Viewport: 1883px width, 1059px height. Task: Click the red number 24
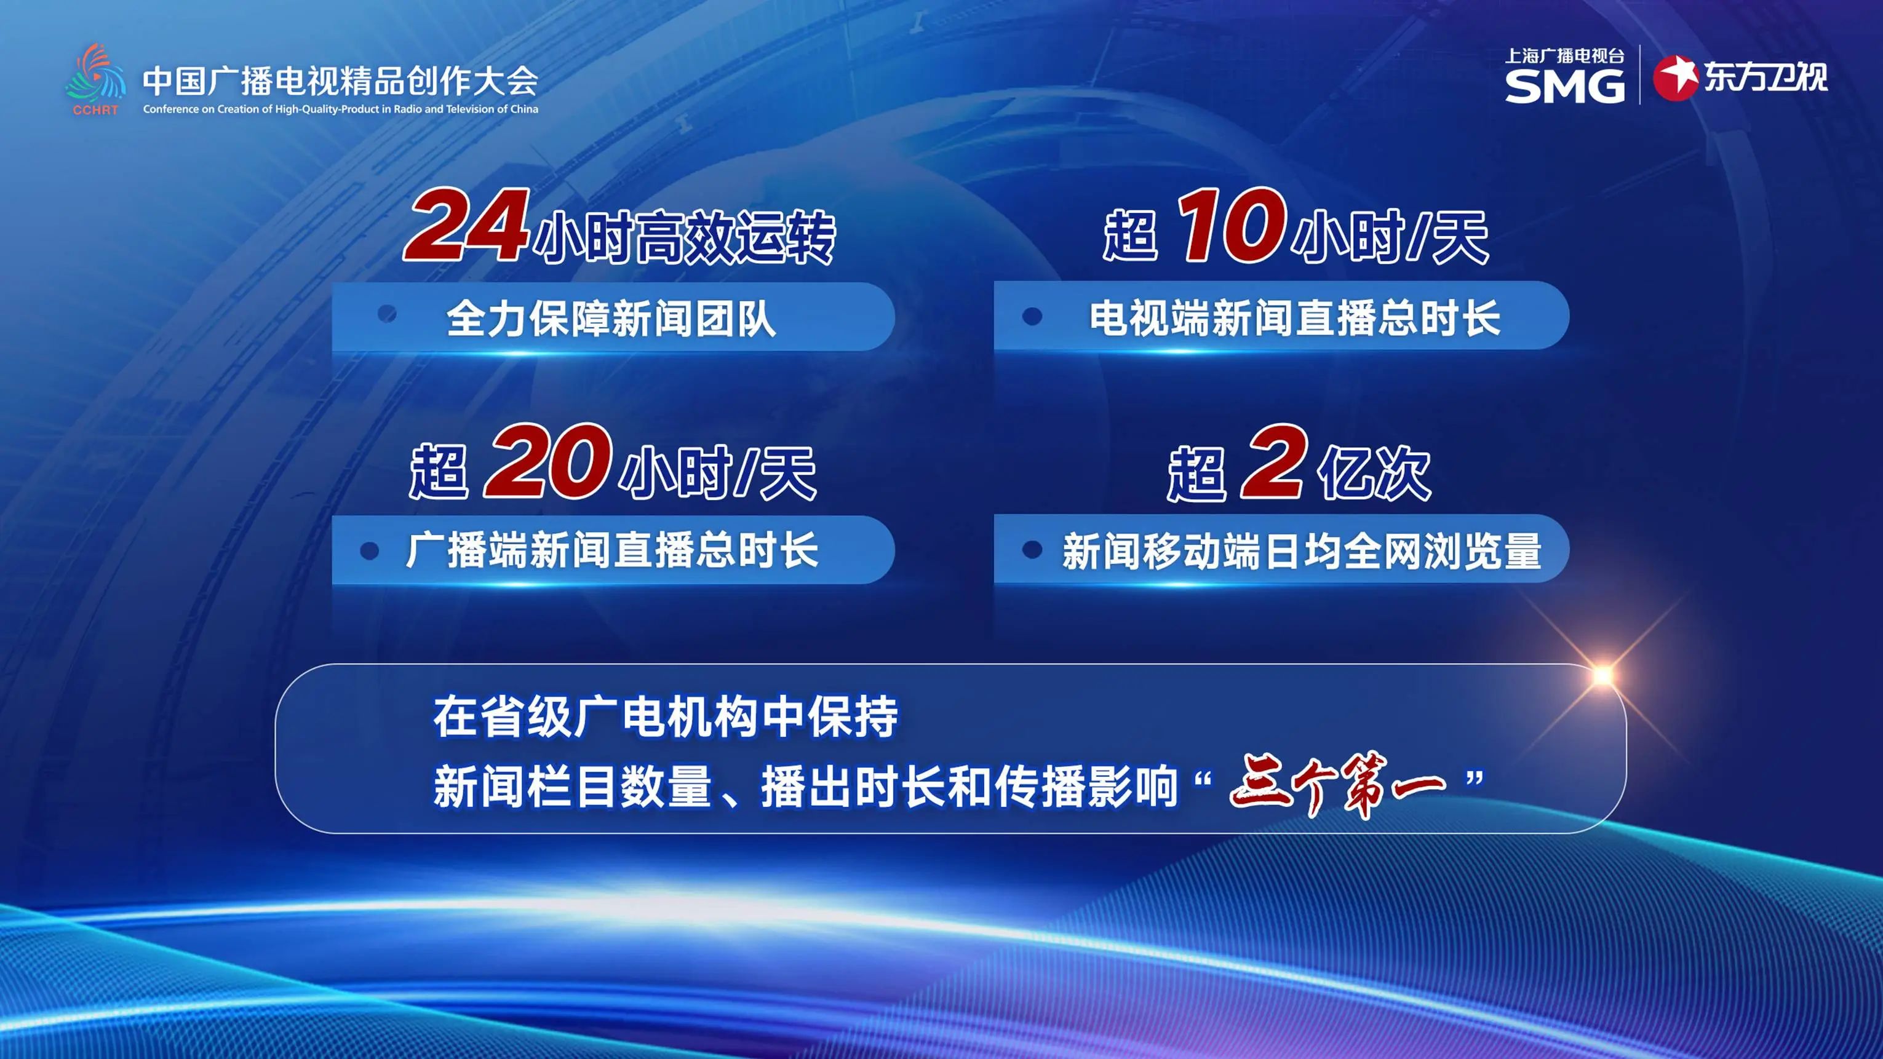(466, 224)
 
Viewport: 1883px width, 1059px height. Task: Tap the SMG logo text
(1564, 86)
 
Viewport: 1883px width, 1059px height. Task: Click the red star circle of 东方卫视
(1676, 77)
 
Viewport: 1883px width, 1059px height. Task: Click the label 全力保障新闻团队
(611, 318)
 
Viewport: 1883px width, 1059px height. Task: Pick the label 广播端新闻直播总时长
(612, 550)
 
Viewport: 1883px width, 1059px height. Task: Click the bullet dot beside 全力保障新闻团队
(387, 314)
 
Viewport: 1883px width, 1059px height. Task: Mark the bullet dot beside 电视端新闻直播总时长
(1032, 315)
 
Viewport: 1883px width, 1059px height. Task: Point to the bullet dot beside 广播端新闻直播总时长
(370, 551)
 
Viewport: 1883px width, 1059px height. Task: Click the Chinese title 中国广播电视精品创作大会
(340, 81)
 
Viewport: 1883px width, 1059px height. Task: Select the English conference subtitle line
(341, 109)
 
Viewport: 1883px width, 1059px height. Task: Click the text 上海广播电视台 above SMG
(1564, 55)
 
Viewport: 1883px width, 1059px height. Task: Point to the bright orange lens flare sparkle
(1602, 674)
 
